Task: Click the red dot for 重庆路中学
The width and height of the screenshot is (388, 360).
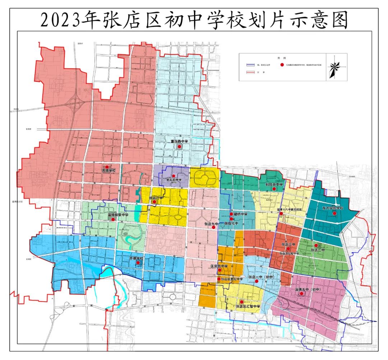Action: [x=179, y=147]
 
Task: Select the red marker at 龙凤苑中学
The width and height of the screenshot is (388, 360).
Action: [x=174, y=176]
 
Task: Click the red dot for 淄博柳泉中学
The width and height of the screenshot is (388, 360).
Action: [x=113, y=219]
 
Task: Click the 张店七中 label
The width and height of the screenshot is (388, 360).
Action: [x=231, y=223]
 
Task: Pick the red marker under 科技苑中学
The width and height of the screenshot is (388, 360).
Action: [x=274, y=189]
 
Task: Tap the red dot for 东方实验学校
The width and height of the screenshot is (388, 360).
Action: [x=334, y=213]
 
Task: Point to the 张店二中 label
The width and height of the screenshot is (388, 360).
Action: [x=318, y=250]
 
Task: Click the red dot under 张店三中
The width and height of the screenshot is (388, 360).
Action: [x=288, y=249]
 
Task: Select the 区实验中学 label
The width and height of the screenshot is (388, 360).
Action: [x=219, y=266]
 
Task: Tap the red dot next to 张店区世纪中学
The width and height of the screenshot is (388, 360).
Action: [x=219, y=279]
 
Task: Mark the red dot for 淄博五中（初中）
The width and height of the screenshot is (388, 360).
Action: [x=302, y=294]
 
